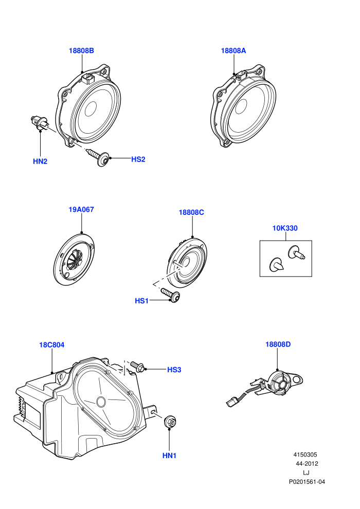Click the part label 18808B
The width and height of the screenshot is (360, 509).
81,50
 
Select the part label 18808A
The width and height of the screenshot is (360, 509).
233,50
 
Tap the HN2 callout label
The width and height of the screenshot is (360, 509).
40,161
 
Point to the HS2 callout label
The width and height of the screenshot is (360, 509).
138,159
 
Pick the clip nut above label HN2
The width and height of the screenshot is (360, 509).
38,123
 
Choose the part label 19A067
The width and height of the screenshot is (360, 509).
81,210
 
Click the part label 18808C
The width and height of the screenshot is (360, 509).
191,213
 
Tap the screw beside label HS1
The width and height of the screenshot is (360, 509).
171,295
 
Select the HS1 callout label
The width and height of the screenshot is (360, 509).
141,301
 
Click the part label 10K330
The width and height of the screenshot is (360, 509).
285,228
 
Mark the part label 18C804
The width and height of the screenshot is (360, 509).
52,345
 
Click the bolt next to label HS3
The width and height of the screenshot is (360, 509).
137,366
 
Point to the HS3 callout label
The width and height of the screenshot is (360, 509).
174,370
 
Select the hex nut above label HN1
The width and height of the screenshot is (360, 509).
170,422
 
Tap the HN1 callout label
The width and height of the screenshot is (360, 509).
169,456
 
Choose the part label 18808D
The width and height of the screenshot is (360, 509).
278,344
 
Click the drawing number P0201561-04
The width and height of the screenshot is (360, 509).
307,482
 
